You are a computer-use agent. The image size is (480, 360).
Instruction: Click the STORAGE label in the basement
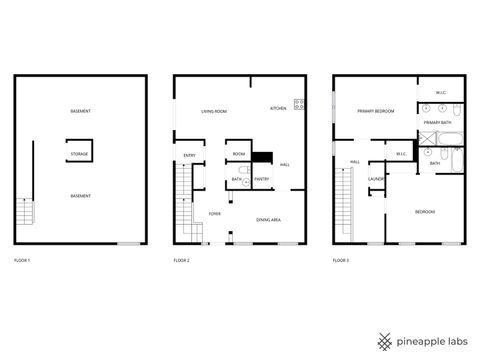pyautogui.click(x=80, y=154)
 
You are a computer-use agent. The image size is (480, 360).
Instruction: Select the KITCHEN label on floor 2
pyautogui.click(x=279, y=108)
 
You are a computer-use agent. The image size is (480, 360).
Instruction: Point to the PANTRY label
pyautogui.click(x=261, y=179)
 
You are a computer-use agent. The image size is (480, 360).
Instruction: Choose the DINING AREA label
pyautogui.click(x=268, y=219)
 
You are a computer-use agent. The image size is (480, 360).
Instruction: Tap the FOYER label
pyautogui.click(x=214, y=214)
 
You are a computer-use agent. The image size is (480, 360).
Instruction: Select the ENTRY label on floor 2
pyautogui.click(x=189, y=155)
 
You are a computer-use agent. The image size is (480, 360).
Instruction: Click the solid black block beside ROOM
pyautogui.click(x=261, y=156)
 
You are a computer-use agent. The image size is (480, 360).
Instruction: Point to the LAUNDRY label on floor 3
pyautogui.click(x=376, y=179)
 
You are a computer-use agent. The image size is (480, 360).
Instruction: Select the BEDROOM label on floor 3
pyautogui.click(x=424, y=212)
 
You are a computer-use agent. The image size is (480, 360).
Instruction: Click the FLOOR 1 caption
pyautogui.click(x=22, y=260)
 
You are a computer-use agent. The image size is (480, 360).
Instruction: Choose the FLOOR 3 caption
pyautogui.click(x=342, y=260)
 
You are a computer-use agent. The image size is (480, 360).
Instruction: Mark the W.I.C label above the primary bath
pyautogui.click(x=441, y=93)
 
